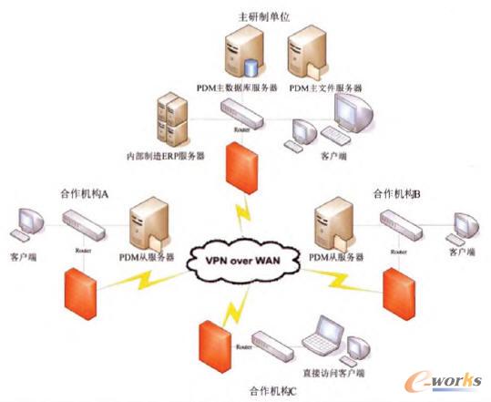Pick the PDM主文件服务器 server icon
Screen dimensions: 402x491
click(x=307, y=54)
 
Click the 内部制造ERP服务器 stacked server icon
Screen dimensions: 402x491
click(x=172, y=118)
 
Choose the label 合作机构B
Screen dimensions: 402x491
click(x=396, y=194)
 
